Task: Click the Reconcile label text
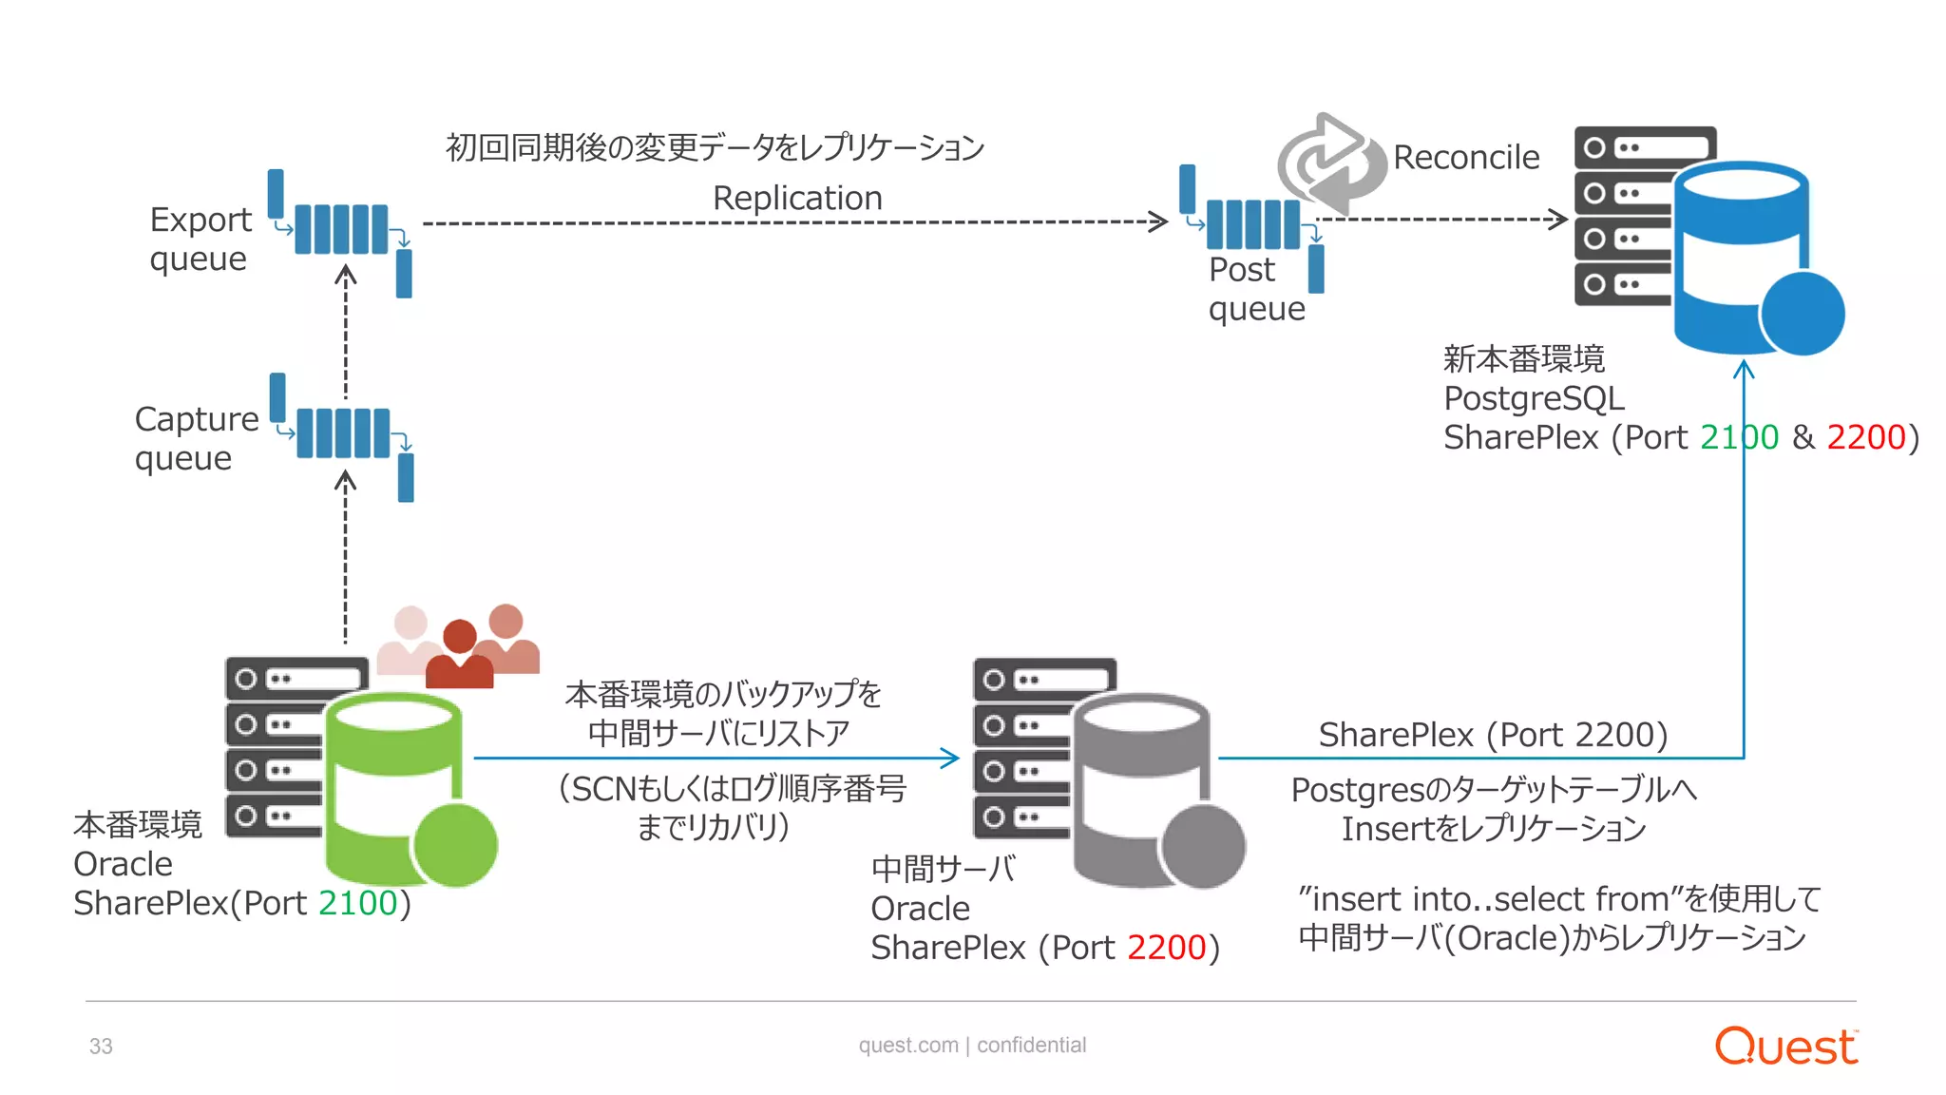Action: [x=1465, y=158]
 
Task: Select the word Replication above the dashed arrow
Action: [x=797, y=198]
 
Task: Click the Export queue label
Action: [x=200, y=239]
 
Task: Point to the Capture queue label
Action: [x=196, y=438]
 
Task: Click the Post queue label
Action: [x=1255, y=289]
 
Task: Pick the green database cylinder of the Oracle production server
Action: [x=393, y=788]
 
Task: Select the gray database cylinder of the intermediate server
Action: [x=1141, y=788]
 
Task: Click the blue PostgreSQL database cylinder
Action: [x=1740, y=257]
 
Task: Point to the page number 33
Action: [x=101, y=1047]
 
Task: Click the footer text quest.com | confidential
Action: [x=972, y=1046]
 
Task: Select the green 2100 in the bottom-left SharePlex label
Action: [x=358, y=903]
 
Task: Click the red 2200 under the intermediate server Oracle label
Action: [x=1166, y=948]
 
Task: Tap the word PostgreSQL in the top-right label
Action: [x=1534, y=398]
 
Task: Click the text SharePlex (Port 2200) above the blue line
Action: [x=1492, y=735]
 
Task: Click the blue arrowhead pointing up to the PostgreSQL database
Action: [x=1744, y=368]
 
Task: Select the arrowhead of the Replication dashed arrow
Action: [x=1159, y=221]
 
